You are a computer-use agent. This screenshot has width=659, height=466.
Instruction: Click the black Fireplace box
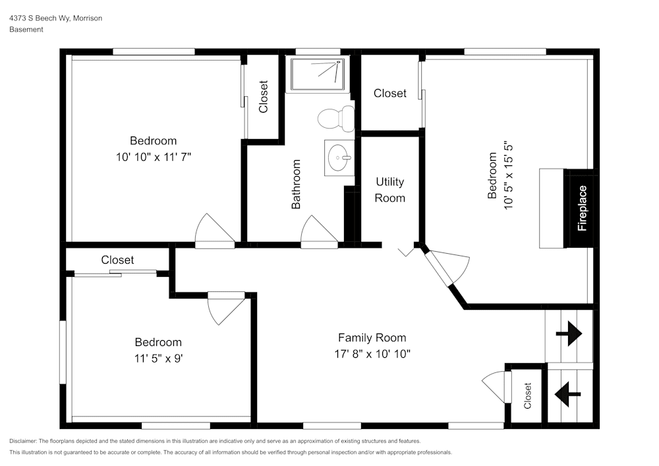click(x=582, y=208)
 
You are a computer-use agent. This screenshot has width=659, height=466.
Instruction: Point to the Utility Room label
click(x=389, y=189)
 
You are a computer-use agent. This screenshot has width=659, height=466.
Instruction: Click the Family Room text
click(x=372, y=337)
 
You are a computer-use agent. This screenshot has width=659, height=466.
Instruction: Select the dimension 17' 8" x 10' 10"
click(x=372, y=354)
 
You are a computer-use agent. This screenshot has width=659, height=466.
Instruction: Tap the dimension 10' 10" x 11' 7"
click(x=153, y=157)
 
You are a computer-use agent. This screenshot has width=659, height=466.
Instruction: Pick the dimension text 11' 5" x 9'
click(x=158, y=359)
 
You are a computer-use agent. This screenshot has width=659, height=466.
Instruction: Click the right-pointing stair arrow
click(x=569, y=335)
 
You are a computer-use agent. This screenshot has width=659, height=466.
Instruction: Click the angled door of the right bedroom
click(x=448, y=267)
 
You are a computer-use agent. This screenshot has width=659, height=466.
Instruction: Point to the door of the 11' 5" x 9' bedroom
click(x=224, y=307)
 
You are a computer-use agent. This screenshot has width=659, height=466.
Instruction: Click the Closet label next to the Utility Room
click(x=389, y=94)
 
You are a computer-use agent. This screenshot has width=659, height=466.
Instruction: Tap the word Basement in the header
click(x=26, y=30)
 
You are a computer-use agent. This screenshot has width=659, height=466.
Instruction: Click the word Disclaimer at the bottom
click(x=23, y=441)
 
